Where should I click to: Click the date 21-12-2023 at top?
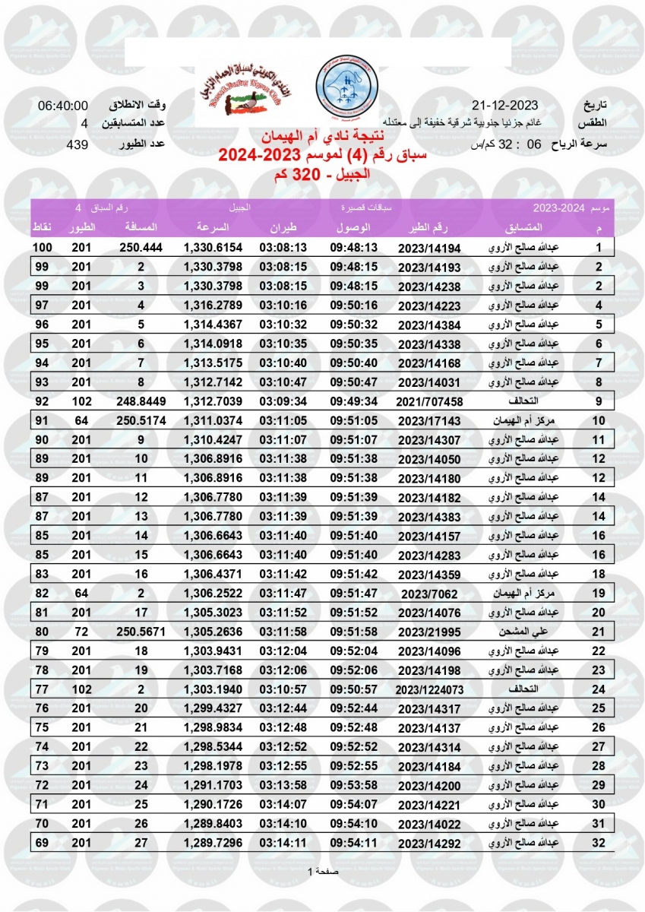pos(504,105)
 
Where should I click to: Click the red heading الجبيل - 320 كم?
pos(322,174)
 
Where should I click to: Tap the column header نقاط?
pos(42,227)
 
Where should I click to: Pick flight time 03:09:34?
pos(283,401)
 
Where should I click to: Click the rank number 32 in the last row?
pos(599,843)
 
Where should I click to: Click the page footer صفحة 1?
pos(322,871)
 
